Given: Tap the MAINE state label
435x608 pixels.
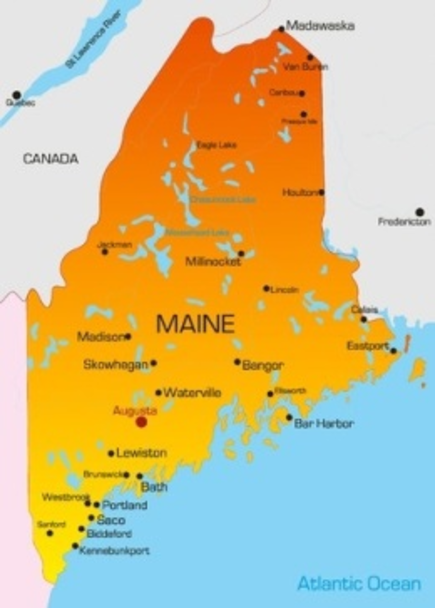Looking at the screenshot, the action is (195, 324).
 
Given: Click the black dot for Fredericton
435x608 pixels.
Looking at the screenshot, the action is (420, 212).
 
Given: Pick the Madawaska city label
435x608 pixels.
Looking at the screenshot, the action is (320, 26).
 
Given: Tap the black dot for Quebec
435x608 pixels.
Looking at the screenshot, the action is (17, 95).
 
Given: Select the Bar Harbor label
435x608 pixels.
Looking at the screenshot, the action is (324, 424).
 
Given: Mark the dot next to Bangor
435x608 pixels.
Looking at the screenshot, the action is (237, 362).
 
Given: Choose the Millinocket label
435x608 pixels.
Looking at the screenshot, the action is (213, 262).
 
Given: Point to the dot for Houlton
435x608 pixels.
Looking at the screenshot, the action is (322, 192).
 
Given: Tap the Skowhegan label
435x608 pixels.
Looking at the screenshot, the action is (116, 365).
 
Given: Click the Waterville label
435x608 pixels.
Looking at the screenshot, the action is (192, 393).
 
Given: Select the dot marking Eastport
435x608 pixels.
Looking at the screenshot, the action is (393, 351).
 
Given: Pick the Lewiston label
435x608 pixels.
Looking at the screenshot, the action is (142, 453).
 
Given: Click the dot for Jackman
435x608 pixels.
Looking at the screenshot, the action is (105, 252).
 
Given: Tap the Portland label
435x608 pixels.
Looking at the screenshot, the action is (125, 505).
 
